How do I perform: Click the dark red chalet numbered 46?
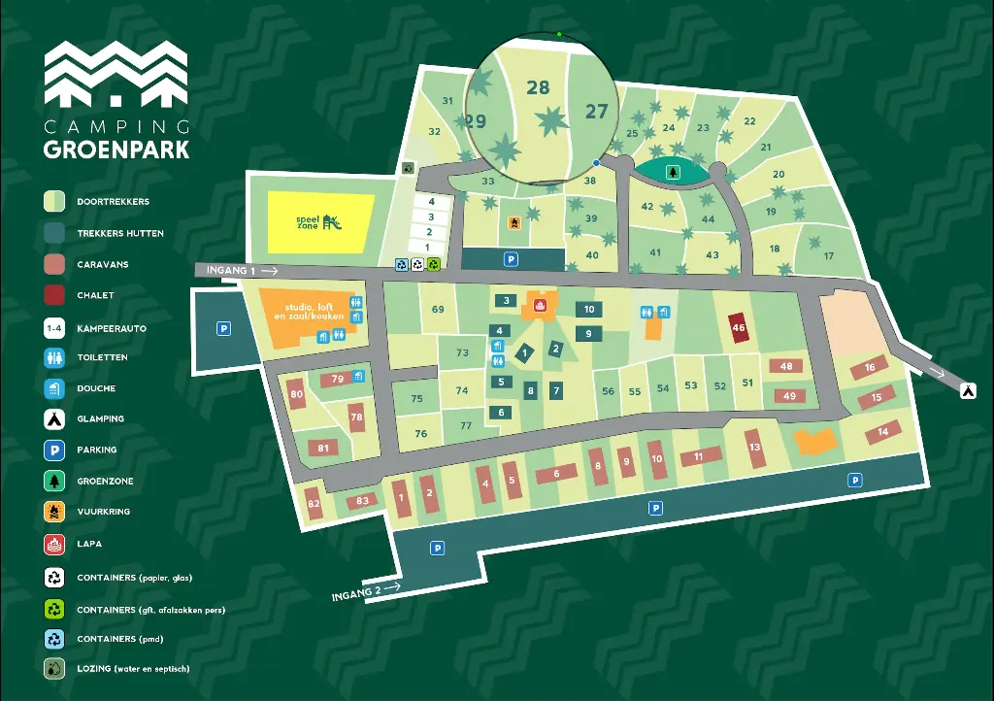pyautogui.click(x=739, y=328)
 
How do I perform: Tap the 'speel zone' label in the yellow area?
pyautogui.click(x=310, y=222)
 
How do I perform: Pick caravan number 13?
pyautogui.click(x=755, y=448)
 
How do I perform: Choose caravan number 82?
pyautogui.click(x=314, y=504)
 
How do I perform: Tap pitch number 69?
pyautogui.click(x=438, y=310)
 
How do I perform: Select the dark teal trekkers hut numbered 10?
pyautogui.click(x=589, y=310)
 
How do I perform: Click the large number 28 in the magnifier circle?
pyautogui.click(x=538, y=87)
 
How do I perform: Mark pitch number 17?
pyautogui.click(x=828, y=256)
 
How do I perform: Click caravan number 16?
pyautogui.click(x=870, y=368)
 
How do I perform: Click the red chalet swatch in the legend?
pyautogui.click(x=54, y=295)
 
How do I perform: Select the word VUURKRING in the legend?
pyautogui.click(x=103, y=512)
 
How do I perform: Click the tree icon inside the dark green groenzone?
pyautogui.click(x=671, y=172)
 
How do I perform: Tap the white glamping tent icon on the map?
pyautogui.click(x=968, y=390)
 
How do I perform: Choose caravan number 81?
pyautogui.click(x=323, y=448)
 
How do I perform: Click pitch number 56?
pyautogui.click(x=608, y=391)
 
